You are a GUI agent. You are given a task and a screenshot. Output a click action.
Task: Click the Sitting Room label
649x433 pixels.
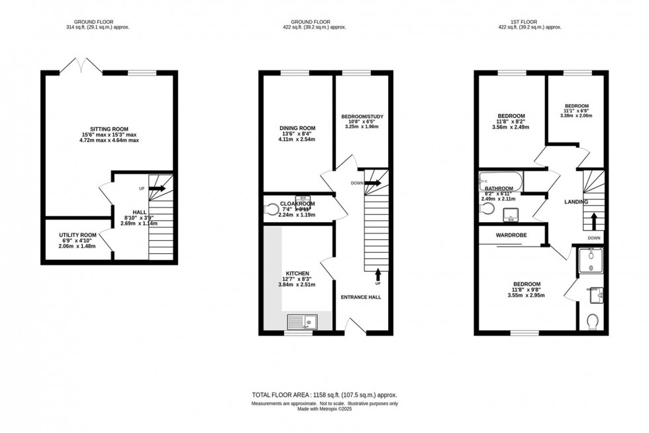click(109, 129)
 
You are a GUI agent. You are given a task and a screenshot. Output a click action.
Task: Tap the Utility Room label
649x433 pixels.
click(77, 235)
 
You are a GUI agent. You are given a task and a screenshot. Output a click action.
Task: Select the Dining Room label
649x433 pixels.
click(297, 128)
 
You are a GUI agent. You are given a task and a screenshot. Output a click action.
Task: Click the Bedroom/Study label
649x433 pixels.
click(362, 117)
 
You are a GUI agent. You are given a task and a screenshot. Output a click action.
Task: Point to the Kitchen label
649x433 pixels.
click(297, 273)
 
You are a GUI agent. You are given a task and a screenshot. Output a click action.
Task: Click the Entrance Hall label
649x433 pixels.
click(361, 297)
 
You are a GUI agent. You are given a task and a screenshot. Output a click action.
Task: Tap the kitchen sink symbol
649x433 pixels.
click(303, 322)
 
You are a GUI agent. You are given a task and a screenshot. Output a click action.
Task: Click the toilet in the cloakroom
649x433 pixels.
click(271, 210)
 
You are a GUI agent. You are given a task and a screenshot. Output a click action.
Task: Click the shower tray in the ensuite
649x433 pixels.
click(589, 262)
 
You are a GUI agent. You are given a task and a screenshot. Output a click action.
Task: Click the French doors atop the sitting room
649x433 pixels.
click(80, 65)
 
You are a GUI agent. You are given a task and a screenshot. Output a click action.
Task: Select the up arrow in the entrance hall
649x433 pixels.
click(378, 273)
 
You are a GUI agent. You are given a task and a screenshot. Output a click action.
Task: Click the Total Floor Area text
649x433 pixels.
click(324, 395)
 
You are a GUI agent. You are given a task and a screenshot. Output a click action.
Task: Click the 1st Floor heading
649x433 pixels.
click(530, 21)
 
